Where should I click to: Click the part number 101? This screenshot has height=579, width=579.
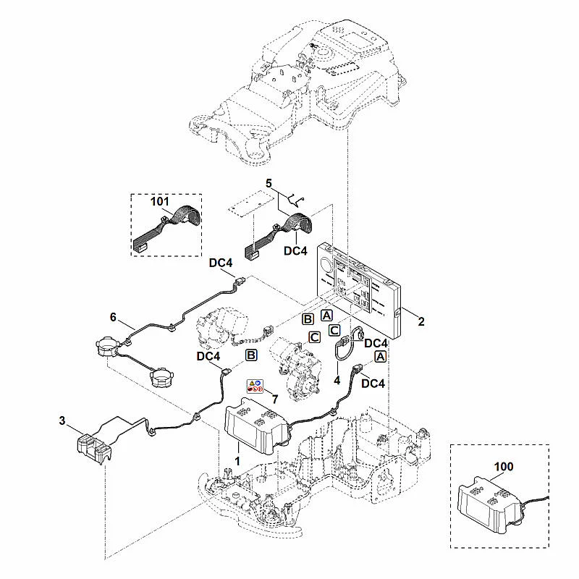click(x=160, y=202)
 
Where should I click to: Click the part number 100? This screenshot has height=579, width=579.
click(x=504, y=466)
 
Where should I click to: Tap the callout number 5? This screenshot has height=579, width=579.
click(x=269, y=183)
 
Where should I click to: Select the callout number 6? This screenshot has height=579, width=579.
click(x=113, y=317)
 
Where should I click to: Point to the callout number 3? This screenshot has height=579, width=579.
click(x=62, y=420)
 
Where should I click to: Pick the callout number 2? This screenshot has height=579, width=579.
click(x=421, y=321)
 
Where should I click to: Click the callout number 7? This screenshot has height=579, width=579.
click(x=275, y=400)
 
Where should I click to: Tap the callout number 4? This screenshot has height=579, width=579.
click(x=337, y=380)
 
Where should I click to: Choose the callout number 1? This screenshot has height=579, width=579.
click(x=237, y=461)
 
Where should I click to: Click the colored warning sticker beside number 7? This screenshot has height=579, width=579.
click(x=255, y=386)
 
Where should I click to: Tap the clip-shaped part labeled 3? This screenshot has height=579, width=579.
click(x=94, y=449)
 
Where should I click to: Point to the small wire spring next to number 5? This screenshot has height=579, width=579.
click(x=295, y=200)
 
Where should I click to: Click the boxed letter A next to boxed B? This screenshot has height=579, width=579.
click(x=326, y=316)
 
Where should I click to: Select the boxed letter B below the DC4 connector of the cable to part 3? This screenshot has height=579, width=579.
click(x=251, y=355)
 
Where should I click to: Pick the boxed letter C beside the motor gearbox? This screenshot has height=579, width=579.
click(x=314, y=337)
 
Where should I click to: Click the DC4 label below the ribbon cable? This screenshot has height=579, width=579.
click(x=295, y=250)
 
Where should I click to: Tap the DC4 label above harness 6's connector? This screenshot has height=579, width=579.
click(x=221, y=263)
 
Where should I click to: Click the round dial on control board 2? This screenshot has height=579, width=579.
click(x=327, y=265)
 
